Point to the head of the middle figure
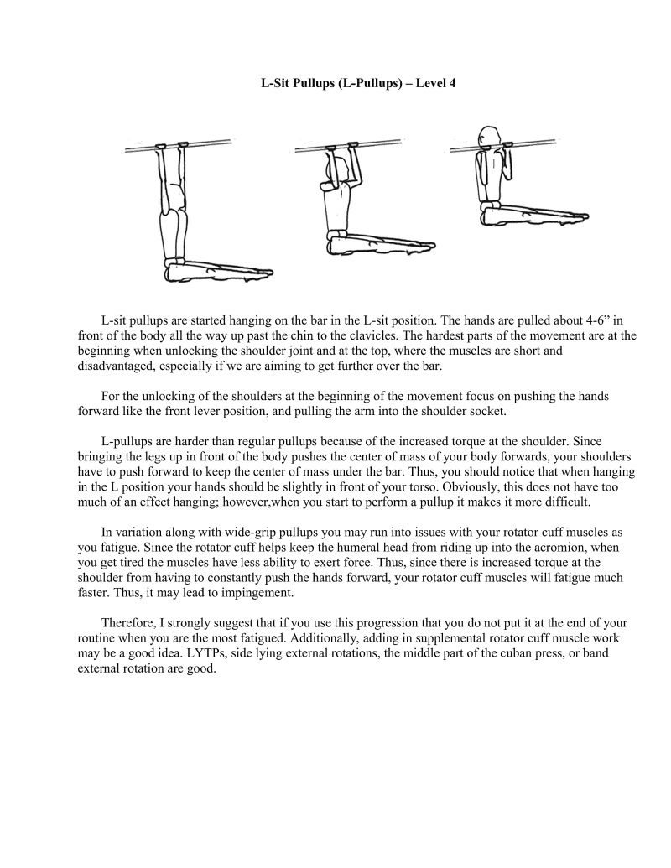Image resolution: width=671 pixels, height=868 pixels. tap(330, 170)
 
